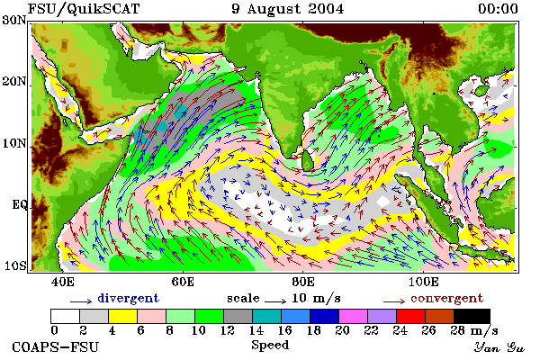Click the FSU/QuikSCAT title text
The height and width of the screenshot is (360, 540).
click(84, 9)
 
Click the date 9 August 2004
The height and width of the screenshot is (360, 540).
click(288, 9)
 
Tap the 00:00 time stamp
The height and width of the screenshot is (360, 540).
click(498, 9)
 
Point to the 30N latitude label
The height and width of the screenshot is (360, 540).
click(14, 20)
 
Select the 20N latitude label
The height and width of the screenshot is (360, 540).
click(14, 82)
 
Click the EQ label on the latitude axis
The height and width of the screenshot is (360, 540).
click(20, 204)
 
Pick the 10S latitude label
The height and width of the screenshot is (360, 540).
click(15, 266)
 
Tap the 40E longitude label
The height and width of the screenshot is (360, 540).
click(62, 282)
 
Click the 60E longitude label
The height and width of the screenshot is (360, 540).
click(183, 282)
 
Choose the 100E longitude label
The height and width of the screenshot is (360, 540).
click(424, 282)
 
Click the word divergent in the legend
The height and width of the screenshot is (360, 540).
click(128, 298)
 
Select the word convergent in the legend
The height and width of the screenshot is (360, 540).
click(446, 298)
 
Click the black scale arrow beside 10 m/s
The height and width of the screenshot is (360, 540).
click(275, 301)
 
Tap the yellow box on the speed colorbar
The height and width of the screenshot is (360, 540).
click(123, 316)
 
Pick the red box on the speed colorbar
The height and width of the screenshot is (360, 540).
click(410, 316)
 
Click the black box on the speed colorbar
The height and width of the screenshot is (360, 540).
click(472, 316)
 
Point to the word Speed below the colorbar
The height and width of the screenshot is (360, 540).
click(270, 346)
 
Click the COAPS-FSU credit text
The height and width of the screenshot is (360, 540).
click(56, 346)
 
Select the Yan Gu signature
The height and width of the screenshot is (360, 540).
click(499, 347)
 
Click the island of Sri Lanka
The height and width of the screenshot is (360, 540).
click(307, 161)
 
